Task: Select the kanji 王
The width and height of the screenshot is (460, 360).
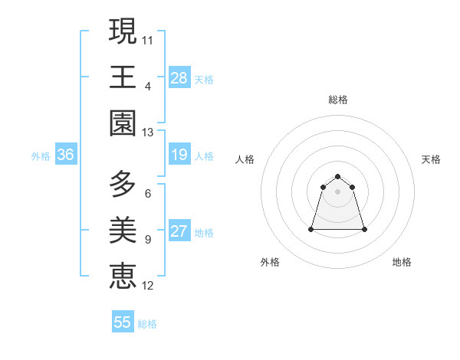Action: point(123,77)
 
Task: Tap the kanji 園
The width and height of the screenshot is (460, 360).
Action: point(123,123)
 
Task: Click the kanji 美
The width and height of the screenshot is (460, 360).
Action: point(123,230)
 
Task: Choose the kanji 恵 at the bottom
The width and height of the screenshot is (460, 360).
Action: point(123,277)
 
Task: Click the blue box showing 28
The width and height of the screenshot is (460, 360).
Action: point(179,78)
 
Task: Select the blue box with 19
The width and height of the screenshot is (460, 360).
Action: point(179,155)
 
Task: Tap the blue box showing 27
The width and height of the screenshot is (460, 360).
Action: point(179,232)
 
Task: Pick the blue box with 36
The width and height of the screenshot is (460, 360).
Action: point(65,155)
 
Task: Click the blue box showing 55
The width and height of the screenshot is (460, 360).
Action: point(123,322)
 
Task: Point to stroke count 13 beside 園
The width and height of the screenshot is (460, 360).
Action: point(148,133)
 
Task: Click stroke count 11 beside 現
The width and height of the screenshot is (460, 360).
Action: point(148,39)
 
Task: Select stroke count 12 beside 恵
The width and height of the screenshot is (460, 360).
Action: point(148,286)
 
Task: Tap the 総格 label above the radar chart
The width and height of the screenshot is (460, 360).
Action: point(338,100)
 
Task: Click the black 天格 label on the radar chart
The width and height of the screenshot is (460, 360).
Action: point(432,159)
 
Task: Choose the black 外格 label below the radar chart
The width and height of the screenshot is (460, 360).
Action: point(270,262)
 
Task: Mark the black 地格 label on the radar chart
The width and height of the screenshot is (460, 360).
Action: point(402,262)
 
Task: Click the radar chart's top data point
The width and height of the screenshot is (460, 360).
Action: point(337,175)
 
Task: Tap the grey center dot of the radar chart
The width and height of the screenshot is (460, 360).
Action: point(337,191)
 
